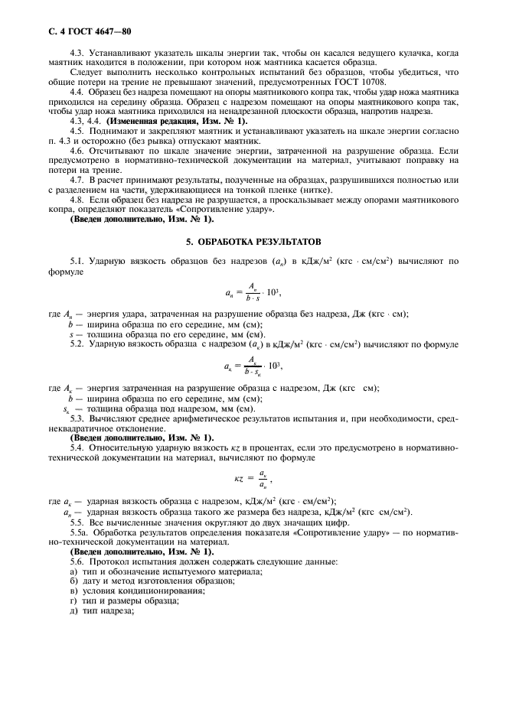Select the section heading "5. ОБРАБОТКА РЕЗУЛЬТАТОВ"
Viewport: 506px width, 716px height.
coord(253,242)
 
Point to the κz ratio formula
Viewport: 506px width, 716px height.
coord(253,480)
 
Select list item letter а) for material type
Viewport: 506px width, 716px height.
coord(74,572)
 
